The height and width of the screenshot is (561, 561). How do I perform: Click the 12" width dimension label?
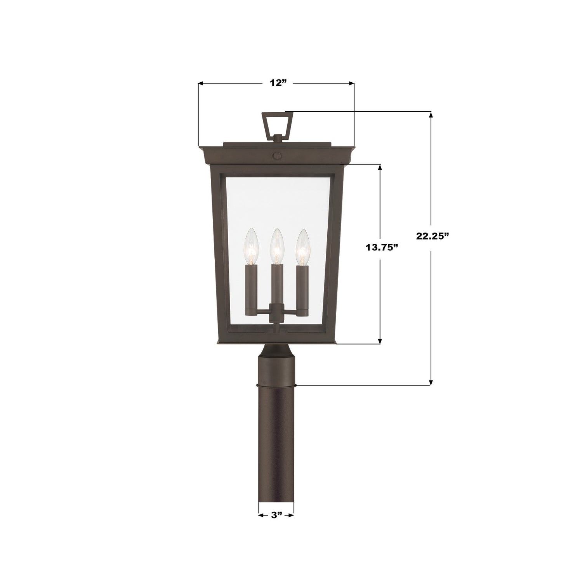pyautogui.click(x=276, y=83)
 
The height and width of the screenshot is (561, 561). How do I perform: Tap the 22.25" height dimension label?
pyautogui.click(x=432, y=236)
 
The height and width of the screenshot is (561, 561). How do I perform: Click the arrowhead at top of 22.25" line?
pyautogui.click(x=431, y=115)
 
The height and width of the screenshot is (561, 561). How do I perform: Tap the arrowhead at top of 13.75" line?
pyautogui.click(x=380, y=167)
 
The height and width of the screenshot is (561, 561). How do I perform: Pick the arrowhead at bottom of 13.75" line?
pyautogui.click(x=380, y=340)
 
